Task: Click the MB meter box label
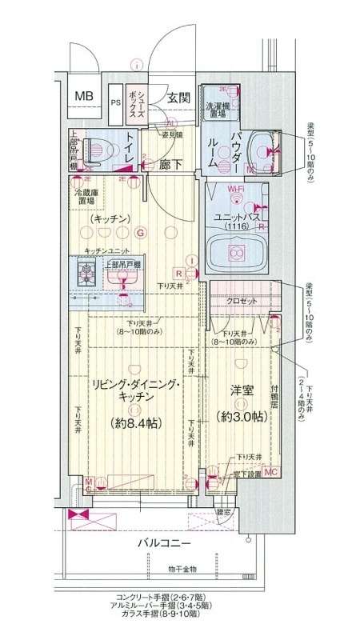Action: click(84, 96)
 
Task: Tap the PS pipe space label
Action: click(116, 102)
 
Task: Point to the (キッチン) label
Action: click(110, 218)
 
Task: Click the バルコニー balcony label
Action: click(163, 543)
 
